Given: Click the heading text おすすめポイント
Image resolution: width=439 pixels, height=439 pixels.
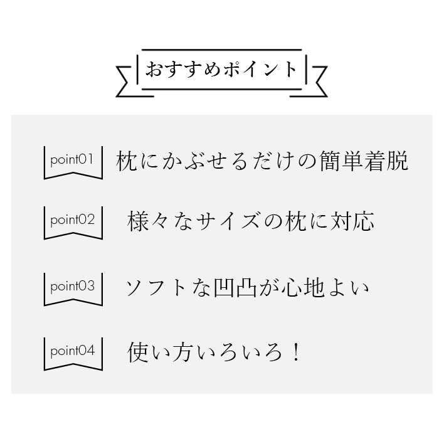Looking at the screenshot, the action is click(221, 69).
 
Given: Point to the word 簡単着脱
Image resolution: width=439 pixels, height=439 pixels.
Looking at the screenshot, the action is click(364, 161).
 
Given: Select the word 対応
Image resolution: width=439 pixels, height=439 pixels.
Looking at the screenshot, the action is click(352, 221).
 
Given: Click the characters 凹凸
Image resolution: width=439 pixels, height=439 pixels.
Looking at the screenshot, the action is click(235, 288).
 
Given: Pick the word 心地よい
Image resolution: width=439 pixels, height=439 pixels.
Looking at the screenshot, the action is click(325, 288).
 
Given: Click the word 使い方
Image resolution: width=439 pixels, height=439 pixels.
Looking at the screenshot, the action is click(159, 352).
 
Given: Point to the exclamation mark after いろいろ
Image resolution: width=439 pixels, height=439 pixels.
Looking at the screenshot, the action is click(295, 352).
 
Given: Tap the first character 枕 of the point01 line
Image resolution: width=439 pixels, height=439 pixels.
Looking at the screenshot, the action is click(126, 161).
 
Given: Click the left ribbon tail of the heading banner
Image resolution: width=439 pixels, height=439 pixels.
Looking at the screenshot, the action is click(128, 82).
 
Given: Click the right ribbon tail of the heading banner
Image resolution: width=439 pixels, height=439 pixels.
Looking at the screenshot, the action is click(316, 82).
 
